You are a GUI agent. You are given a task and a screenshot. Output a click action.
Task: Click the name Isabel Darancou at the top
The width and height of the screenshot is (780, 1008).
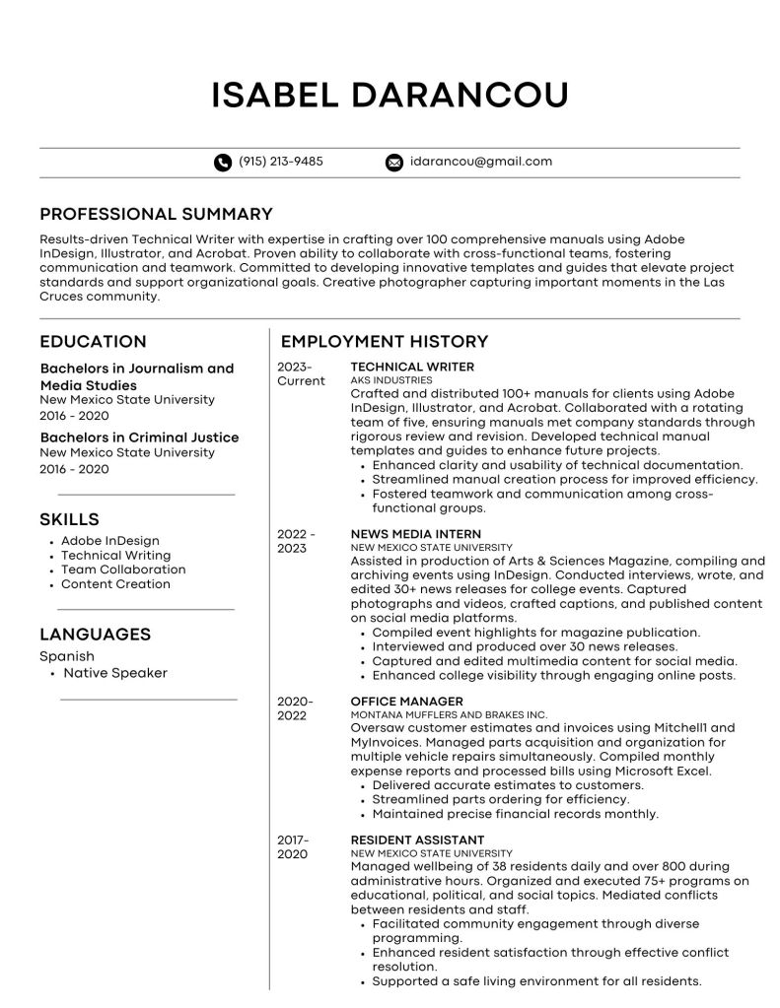point(390,96)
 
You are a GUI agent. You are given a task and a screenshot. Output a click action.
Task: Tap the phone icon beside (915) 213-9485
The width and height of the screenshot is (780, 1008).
point(222,163)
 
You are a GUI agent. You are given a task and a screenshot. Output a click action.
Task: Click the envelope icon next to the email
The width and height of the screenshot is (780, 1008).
point(394,163)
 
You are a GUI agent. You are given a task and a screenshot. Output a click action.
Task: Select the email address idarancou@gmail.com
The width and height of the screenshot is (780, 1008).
point(480,162)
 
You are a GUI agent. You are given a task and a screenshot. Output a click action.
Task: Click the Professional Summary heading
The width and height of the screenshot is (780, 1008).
point(156,214)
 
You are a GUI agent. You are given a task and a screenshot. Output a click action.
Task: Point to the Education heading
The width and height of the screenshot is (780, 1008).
point(93,342)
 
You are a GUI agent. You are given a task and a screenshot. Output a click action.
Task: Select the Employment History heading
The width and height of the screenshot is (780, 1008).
point(385,342)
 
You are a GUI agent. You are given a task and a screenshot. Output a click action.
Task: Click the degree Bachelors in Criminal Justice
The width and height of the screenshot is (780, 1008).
point(139,437)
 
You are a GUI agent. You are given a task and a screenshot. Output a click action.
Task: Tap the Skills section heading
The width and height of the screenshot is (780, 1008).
point(69,519)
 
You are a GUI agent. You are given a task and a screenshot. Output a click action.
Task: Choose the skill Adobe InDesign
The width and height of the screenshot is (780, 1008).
point(109,541)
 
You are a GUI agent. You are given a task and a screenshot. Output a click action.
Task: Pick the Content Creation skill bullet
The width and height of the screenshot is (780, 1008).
point(115,584)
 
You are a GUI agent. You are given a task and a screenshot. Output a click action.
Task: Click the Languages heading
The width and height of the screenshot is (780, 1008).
point(95,635)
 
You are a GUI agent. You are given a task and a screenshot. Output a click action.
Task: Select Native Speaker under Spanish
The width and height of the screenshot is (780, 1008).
point(115,673)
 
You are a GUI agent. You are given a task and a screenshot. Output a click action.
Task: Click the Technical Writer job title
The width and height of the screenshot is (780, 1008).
point(398,367)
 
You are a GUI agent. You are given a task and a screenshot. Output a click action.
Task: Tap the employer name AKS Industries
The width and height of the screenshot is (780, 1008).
point(391,379)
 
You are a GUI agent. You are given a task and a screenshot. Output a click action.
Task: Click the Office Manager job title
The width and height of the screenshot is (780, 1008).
point(394,702)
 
